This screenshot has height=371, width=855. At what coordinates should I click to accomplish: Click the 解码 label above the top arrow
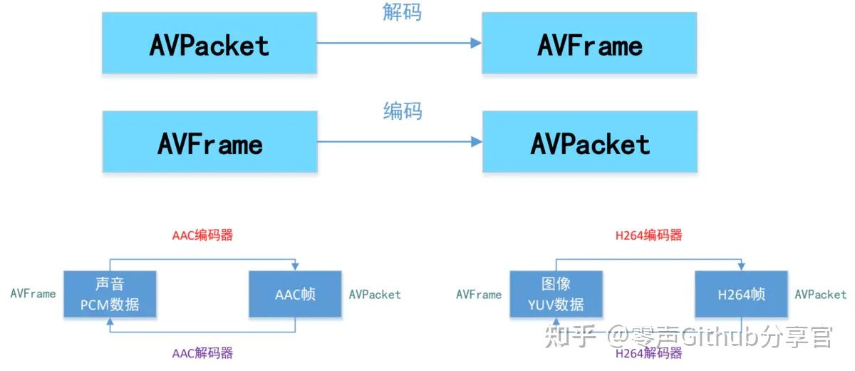(x=402, y=12)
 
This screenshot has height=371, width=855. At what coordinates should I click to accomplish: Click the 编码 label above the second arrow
(x=402, y=111)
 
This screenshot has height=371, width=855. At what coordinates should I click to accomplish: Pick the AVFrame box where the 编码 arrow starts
(x=209, y=143)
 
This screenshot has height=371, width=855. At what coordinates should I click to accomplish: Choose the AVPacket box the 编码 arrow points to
(x=589, y=143)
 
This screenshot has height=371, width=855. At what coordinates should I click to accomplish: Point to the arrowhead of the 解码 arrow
(x=476, y=44)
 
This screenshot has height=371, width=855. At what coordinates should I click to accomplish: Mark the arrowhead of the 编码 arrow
(x=476, y=142)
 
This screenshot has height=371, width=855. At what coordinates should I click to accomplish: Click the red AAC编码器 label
(x=202, y=235)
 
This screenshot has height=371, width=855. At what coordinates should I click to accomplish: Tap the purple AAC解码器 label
(x=202, y=352)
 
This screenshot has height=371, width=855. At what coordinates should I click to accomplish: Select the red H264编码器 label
(x=648, y=235)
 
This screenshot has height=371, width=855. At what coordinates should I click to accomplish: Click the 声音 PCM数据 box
(x=109, y=294)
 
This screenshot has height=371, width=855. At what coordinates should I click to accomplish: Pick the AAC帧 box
(x=295, y=294)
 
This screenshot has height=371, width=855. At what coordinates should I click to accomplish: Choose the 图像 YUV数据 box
(x=556, y=294)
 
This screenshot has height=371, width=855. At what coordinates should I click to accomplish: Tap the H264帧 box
(x=741, y=294)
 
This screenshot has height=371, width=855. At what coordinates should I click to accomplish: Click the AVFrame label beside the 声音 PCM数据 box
(x=33, y=294)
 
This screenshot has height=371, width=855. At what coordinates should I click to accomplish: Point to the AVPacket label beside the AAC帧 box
(x=375, y=294)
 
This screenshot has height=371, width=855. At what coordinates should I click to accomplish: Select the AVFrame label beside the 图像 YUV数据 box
(x=479, y=294)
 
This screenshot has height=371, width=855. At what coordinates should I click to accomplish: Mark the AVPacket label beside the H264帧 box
(x=821, y=294)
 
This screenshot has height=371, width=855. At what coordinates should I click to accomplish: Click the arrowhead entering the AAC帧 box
(x=295, y=266)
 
